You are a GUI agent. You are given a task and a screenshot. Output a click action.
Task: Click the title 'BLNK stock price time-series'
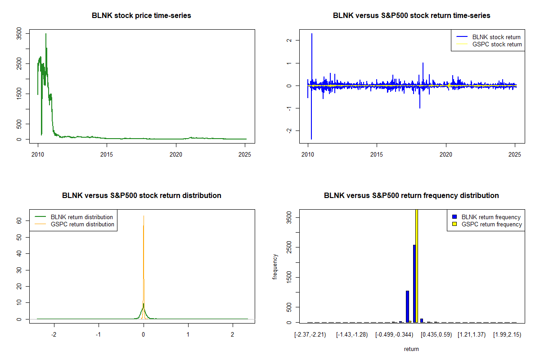(141, 16)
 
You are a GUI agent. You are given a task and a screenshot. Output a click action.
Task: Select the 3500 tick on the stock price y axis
(19, 34)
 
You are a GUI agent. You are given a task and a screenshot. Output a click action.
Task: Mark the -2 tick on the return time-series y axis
(289, 130)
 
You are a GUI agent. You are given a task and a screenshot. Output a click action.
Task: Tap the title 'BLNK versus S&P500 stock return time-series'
(411, 16)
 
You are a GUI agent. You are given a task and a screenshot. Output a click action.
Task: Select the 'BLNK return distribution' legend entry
(81, 217)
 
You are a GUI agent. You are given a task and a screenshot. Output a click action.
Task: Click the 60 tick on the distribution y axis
(19, 221)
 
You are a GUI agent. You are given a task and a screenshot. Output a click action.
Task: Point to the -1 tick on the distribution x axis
(99, 335)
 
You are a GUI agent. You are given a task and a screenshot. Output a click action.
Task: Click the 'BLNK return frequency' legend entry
(490, 217)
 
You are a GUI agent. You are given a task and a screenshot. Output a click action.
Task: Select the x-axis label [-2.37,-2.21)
(310, 335)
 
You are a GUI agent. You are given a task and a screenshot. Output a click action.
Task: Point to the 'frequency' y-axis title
(275, 267)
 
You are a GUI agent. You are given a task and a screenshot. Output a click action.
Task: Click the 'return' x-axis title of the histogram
(411, 349)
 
